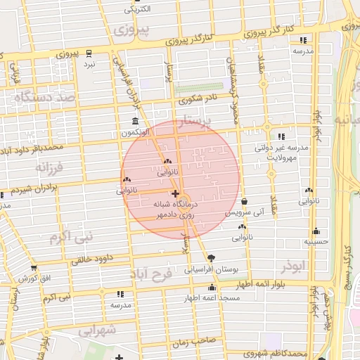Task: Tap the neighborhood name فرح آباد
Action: (160, 275)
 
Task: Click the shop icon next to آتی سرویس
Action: (244, 201)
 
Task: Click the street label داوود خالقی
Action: (92, 258)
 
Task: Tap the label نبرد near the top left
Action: (89, 64)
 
